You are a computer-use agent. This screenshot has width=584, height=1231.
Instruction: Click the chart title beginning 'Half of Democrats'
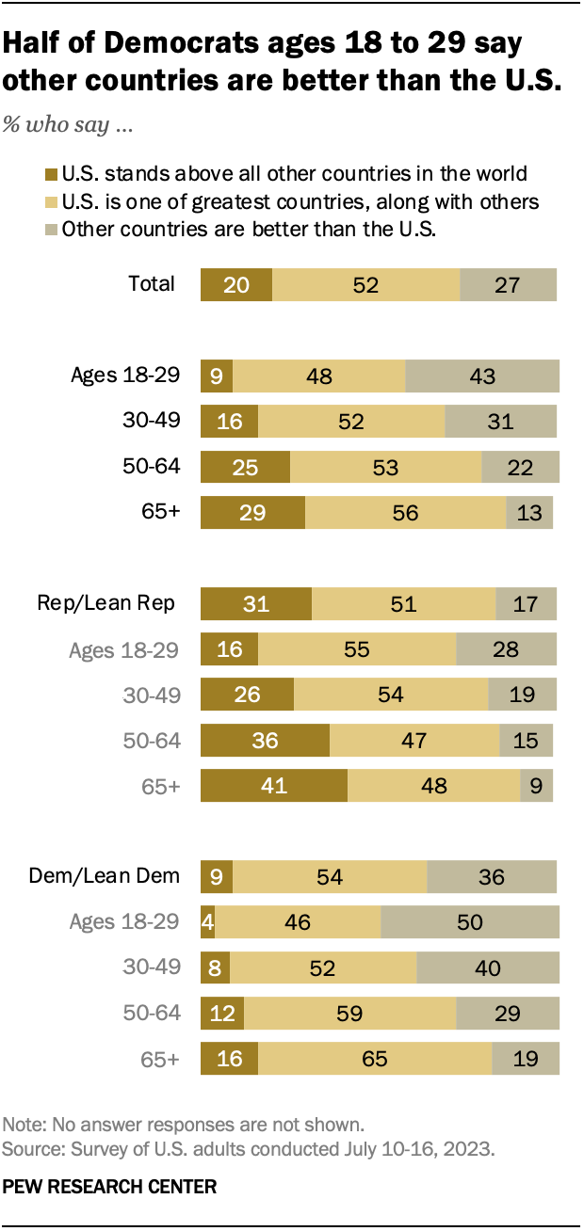(x=283, y=62)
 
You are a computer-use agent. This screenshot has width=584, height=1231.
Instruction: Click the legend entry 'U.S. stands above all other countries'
(x=293, y=173)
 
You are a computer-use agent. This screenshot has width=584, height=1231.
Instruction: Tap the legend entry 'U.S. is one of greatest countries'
(x=300, y=201)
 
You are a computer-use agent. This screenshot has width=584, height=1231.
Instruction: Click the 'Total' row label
(x=152, y=284)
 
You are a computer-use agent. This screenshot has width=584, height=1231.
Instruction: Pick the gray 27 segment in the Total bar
(x=508, y=284)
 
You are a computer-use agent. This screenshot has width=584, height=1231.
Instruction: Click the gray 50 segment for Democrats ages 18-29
(x=470, y=921)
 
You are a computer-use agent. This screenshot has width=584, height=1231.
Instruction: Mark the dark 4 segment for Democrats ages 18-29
(x=207, y=921)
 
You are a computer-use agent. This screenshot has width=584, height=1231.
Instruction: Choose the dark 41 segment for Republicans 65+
(x=273, y=785)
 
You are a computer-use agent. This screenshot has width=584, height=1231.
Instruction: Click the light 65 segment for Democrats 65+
(x=375, y=1058)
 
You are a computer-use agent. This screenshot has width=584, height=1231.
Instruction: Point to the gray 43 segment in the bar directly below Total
(x=482, y=376)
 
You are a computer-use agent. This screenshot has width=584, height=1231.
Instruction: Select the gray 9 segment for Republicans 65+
(x=537, y=785)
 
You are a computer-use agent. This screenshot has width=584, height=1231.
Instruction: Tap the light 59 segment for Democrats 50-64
(x=349, y=1013)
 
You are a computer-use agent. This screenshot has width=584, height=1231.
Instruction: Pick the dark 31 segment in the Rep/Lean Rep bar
(x=255, y=603)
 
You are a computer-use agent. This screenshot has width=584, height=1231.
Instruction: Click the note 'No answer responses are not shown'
(x=183, y=1125)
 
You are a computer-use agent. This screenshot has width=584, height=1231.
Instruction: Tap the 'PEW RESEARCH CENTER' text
(x=109, y=1188)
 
